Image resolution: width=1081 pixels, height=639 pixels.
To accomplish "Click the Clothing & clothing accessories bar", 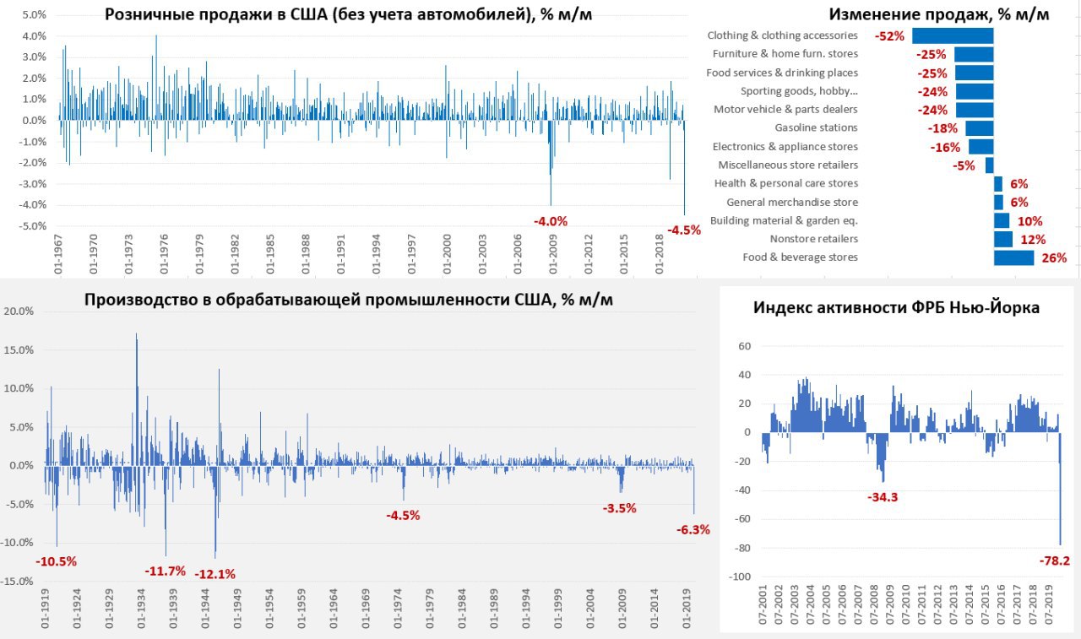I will pos(953,35).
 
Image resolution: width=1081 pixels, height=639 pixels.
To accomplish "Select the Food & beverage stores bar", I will pos(1013,257).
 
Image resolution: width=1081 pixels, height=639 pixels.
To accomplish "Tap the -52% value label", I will pos(890,36).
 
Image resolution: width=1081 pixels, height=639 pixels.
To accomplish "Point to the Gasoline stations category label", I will pos(816,128).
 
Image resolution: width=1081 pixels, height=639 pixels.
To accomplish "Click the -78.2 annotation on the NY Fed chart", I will pos(1053,560).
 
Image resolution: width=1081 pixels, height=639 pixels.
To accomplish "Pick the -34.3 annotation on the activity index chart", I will pos(883,497).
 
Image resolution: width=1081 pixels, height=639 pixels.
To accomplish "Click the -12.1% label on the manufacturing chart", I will pos(215,574).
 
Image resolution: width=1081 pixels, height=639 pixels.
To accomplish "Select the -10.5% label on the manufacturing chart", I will pos(57,561).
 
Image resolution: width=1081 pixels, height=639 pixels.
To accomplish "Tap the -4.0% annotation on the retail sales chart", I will pos(551,221).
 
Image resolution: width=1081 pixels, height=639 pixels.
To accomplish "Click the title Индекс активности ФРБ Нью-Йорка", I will pos(896,308).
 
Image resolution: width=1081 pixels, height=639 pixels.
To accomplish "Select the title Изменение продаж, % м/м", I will pos(938,14).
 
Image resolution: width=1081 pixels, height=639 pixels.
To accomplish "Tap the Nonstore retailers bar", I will pos(1002,239).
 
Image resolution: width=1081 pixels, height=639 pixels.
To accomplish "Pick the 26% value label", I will pos(1054,258).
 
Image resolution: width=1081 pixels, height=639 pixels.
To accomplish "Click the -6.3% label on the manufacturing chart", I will pos(693,530).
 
